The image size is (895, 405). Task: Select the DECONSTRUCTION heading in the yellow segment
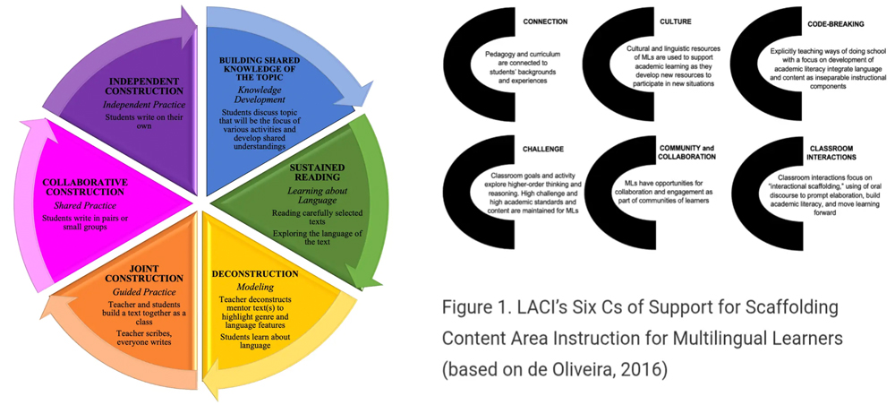point(255,273)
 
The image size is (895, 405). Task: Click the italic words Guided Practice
point(137,291)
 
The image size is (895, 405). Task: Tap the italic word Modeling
point(255,286)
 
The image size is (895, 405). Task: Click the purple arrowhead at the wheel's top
point(190,18)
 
